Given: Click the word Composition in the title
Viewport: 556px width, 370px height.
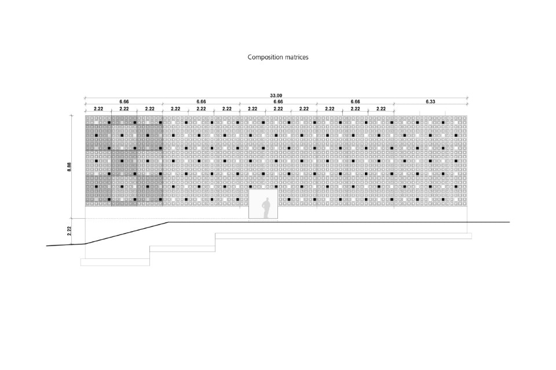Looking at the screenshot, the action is coord(265,57).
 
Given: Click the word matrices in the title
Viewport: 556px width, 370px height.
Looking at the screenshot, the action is coord(297,57).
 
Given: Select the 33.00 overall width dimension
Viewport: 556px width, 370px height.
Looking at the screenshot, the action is coord(276,96).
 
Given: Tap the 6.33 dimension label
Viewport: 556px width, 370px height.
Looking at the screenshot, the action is coord(430,102).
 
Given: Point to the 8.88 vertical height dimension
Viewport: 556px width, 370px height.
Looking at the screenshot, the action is coord(69,167).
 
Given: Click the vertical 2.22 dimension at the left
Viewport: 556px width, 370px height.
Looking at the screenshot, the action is coord(69,231).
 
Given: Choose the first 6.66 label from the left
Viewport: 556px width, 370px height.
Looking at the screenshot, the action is coord(124,102).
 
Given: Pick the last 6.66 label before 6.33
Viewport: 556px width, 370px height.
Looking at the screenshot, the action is coord(355,102).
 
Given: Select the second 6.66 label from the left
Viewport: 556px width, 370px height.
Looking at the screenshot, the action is coord(201,102).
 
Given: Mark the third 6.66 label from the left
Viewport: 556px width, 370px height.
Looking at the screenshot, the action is coord(278,102).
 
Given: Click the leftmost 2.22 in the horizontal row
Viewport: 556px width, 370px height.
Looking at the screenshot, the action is coord(98,109).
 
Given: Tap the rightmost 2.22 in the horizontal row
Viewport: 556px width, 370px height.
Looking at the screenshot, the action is coord(381,109).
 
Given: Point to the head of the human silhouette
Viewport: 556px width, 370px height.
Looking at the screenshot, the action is coord(266,200).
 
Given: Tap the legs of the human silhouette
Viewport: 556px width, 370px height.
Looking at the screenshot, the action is coord(266,214).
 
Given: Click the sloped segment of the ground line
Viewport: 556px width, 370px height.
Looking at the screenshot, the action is coord(127,233).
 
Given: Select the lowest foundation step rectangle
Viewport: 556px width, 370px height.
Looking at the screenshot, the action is coord(115,262).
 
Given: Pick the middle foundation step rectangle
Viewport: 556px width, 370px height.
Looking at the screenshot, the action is coord(182,249).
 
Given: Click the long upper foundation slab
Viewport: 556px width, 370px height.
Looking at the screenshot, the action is coord(343,236).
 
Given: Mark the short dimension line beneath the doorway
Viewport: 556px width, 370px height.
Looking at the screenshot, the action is coord(263,221).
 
